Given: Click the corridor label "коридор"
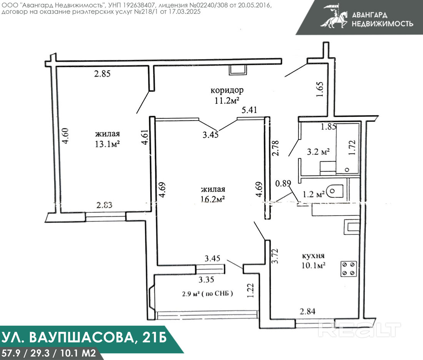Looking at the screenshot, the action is pos(227,90).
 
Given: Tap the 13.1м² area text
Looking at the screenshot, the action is pos(107,144).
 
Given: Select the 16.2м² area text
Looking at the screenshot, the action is pos(213,199).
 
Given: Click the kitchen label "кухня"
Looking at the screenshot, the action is pos(313,256).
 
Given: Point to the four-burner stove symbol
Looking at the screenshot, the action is pos(348,269).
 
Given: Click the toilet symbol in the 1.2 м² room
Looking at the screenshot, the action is pos(335,191).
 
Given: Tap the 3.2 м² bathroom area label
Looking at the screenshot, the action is pos(318,152).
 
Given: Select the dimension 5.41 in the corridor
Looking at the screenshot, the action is pos(249,110).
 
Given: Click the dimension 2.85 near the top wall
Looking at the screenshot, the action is pos(102,73).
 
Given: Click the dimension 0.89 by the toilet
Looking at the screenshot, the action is pos(283,183).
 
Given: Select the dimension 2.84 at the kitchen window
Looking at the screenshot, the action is pos(308,312).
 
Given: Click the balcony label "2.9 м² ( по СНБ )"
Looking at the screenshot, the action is pos(207,294).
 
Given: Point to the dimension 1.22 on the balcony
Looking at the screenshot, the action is pos(251,290).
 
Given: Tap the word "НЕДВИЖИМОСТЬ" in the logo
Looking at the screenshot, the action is pos(382,24).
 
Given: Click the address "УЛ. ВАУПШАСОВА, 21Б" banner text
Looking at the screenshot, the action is pos(83,337).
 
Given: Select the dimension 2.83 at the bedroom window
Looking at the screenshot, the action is pos(104,205).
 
